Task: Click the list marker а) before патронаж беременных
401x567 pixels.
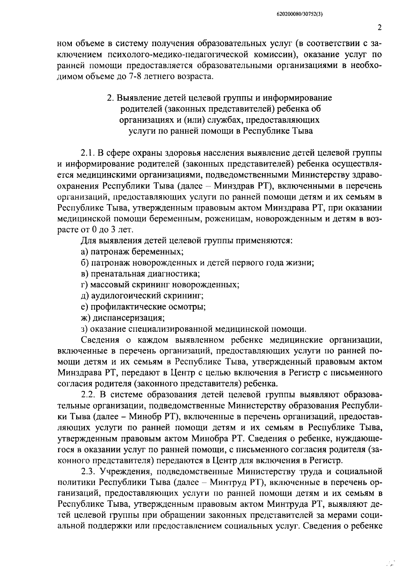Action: click(85, 251)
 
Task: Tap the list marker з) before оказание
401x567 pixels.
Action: click(84, 329)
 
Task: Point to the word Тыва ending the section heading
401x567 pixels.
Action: click(303, 131)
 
